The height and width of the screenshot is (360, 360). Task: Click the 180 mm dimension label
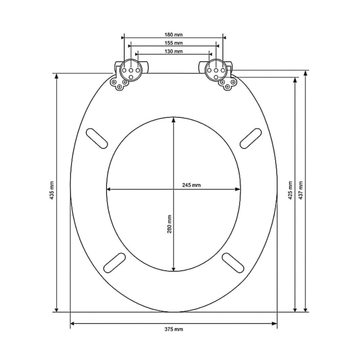click(x=174, y=35)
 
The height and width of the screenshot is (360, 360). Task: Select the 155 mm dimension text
click(x=174, y=43)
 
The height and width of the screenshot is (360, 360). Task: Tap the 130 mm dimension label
click(x=174, y=51)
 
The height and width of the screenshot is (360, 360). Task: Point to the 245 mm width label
click(x=191, y=185)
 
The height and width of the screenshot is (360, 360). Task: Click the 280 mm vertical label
click(x=170, y=224)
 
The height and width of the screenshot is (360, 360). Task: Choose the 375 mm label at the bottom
click(x=174, y=329)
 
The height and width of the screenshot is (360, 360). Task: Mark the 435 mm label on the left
click(x=52, y=190)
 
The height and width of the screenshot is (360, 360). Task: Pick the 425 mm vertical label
click(x=290, y=190)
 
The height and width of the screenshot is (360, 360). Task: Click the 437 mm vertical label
click(x=300, y=190)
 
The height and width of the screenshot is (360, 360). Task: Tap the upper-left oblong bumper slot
click(x=97, y=139)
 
